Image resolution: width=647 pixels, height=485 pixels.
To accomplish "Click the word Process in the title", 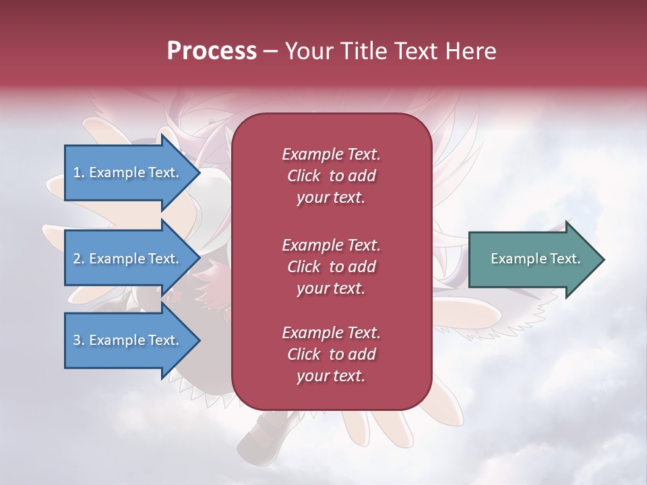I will (212, 51).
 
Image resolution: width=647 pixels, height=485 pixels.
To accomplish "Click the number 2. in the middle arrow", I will (79, 259).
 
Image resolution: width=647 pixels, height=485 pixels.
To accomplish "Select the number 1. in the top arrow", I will (78, 172).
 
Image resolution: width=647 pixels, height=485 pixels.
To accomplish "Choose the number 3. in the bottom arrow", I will (79, 340).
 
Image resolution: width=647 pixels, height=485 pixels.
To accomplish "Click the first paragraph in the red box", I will (331, 176).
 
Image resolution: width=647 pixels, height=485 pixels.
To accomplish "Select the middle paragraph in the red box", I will (331, 267).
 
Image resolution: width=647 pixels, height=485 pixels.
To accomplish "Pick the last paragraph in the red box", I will (331, 354).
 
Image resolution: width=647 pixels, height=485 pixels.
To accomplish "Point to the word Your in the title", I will (308, 51).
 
